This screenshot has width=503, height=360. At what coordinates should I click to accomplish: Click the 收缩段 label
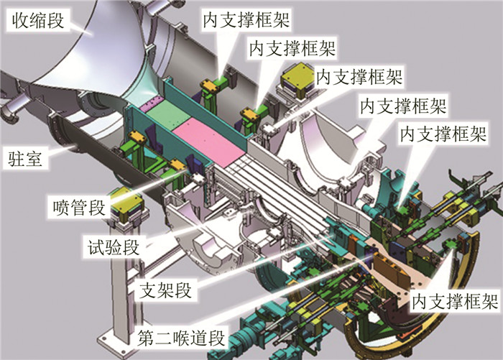(x=36, y=22)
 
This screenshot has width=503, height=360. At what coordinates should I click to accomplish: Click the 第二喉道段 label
(x=181, y=336)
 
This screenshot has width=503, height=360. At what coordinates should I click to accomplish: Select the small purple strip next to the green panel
(x=152, y=106)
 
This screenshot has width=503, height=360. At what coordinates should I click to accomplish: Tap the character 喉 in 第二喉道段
(x=181, y=336)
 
